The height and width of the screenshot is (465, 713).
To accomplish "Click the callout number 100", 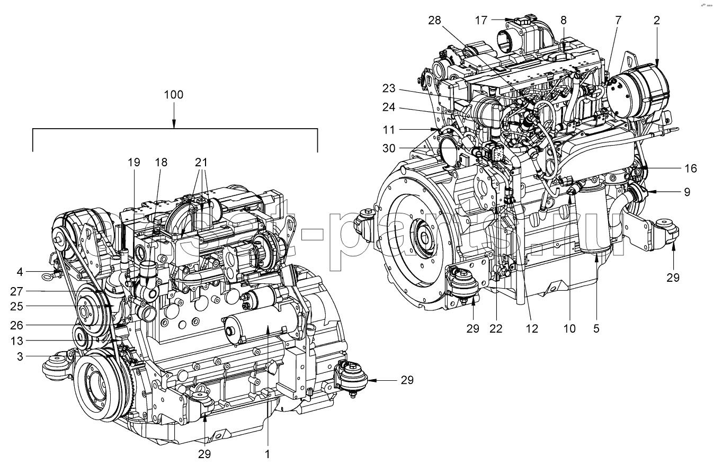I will (x=174, y=95).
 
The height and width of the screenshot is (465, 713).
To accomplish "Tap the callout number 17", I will (x=480, y=21).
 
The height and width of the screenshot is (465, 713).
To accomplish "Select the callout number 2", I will (x=656, y=21).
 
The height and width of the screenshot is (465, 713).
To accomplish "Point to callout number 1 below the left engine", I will (x=268, y=454).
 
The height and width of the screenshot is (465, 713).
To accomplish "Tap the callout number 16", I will (x=690, y=169).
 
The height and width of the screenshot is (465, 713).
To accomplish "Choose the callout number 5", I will (x=596, y=329).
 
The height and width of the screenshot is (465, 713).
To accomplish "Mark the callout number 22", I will (x=496, y=329).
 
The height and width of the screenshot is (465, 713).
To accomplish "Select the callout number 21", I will (x=201, y=163).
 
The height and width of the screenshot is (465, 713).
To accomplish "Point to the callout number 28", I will (x=435, y=21).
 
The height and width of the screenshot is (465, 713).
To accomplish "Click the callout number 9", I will (x=687, y=192).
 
